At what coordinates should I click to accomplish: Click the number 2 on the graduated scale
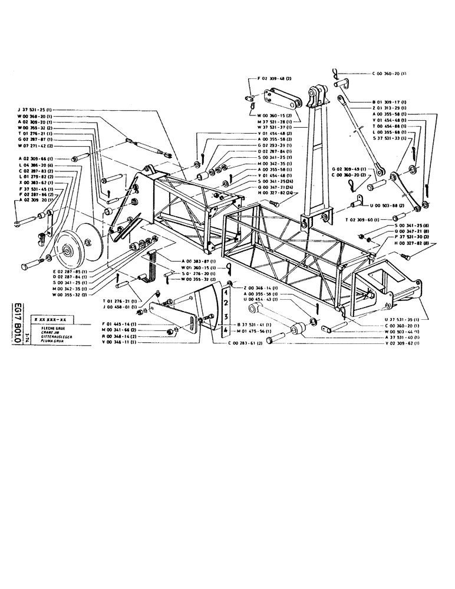pos(225,303)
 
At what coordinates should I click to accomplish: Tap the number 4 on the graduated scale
pos(225,332)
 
